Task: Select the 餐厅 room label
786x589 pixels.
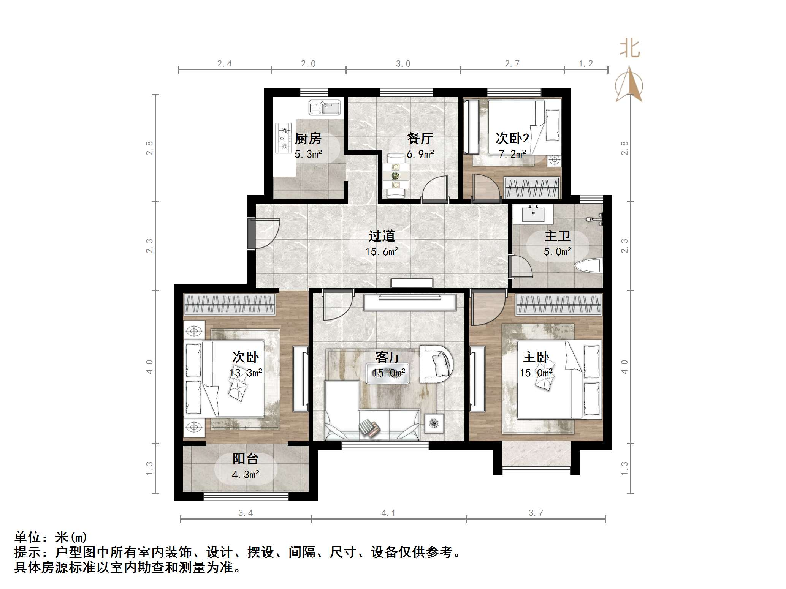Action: tap(420, 138)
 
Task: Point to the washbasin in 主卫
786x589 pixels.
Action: tap(534, 215)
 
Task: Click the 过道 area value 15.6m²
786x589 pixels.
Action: tap(382, 252)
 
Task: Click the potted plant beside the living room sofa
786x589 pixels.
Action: tap(434, 423)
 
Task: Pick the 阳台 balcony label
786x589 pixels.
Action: tap(245, 459)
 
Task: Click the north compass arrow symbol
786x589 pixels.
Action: tap(629, 85)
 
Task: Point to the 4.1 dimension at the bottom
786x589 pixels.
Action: tap(388, 513)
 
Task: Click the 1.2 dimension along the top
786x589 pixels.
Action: tap(585, 64)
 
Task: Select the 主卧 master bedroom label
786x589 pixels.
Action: tap(536, 357)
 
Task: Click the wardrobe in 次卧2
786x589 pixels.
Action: tap(532, 188)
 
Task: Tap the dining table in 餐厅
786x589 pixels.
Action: tap(396, 176)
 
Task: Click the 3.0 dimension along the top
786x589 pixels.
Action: tap(403, 64)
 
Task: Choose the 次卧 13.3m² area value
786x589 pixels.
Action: tap(246, 373)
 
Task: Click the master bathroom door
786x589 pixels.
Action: tap(521, 268)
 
